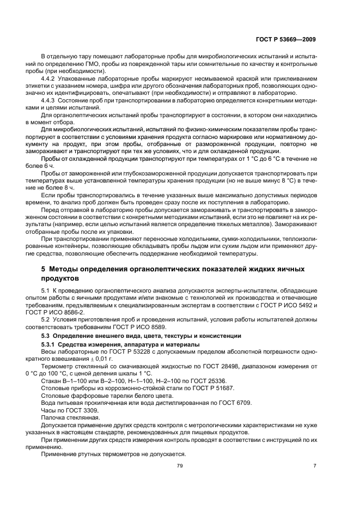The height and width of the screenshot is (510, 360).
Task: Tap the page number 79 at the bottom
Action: [180, 465]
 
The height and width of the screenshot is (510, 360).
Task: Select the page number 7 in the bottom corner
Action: [314, 465]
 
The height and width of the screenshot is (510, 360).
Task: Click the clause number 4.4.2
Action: [50, 78]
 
